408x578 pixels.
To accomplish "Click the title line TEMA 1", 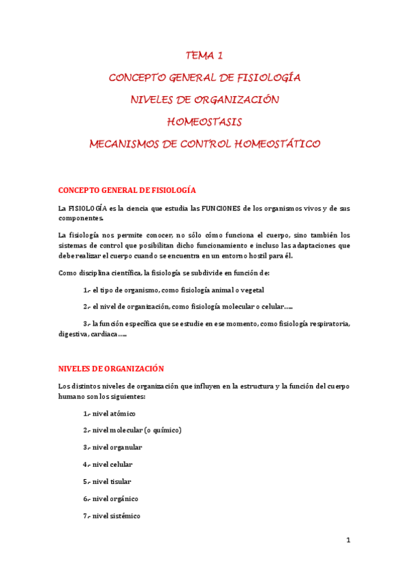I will coord(204,56).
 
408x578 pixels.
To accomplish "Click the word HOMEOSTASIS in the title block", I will coord(204,122).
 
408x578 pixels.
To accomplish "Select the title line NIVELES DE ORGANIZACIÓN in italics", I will coord(204,100).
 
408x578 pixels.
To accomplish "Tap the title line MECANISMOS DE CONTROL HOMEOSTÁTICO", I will coord(204,144).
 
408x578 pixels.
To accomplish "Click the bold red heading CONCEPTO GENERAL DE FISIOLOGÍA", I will coord(127,190).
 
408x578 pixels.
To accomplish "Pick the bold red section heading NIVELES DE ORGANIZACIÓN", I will coord(111,368).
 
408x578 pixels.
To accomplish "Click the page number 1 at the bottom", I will coord(347,541).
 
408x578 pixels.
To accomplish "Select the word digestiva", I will coord(74,334).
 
